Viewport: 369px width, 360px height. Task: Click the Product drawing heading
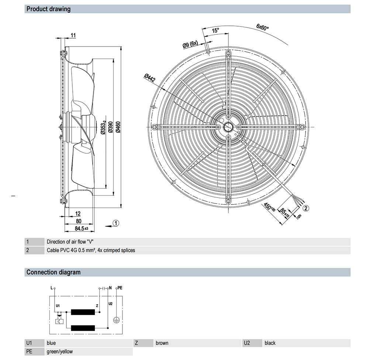pyautogui.click(x=48, y=9)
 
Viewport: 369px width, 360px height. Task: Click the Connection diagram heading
pyautogui.click(x=53, y=272)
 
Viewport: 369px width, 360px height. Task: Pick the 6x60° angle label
pyautogui.click(x=262, y=27)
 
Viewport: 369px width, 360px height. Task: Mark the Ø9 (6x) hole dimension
pyautogui.click(x=190, y=45)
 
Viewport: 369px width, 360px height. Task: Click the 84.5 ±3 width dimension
pyautogui.click(x=81, y=229)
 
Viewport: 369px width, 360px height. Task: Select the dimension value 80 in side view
pyautogui.click(x=78, y=221)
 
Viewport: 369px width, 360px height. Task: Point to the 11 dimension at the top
pyautogui.click(x=73, y=35)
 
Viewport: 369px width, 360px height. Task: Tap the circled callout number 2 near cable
pyautogui.click(x=306, y=208)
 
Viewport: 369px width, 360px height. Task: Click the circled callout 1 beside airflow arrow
pyautogui.click(x=116, y=223)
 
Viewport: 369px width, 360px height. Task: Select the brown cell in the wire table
pyautogui.click(x=162, y=343)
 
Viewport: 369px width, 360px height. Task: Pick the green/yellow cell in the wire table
pyautogui.click(x=60, y=352)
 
